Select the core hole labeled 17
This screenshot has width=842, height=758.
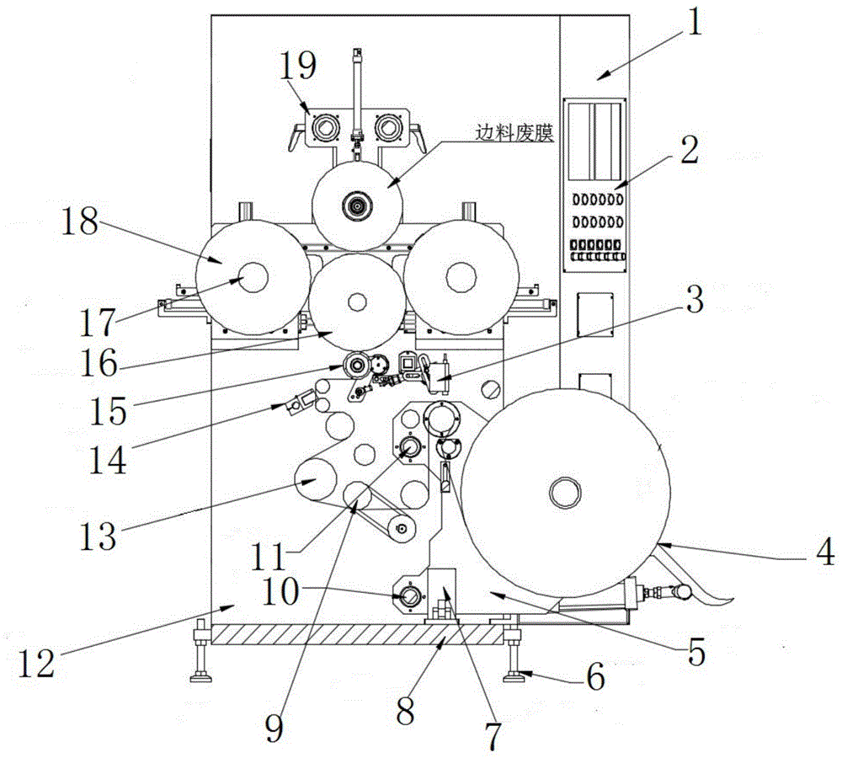click(x=250, y=279)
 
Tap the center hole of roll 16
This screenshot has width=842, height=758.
click(x=354, y=302)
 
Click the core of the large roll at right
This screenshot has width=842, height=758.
click(x=563, y=490)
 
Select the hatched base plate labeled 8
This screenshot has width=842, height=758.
click(x=354, y=634)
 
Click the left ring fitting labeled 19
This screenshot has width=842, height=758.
click(x=322, y=128)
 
